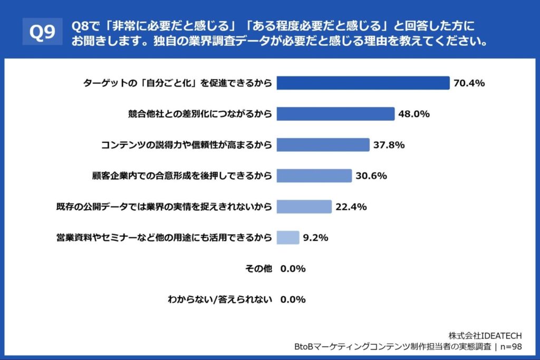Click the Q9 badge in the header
(42, 33)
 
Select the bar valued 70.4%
(363, 83)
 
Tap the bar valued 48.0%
(335, 114)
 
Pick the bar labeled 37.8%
(323, 145)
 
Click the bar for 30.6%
(314, 176)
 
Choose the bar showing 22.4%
(304, 207)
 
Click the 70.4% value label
(469, 83)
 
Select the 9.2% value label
(316, 238)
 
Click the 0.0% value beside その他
(293, 269)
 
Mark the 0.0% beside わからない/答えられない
(293, 299)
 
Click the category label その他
(259, 269)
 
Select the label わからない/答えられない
(219, 299)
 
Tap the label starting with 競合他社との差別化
(200, 114)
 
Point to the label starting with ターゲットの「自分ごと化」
(178, 83)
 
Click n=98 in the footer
(511, 346)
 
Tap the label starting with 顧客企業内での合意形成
(182, 176)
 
